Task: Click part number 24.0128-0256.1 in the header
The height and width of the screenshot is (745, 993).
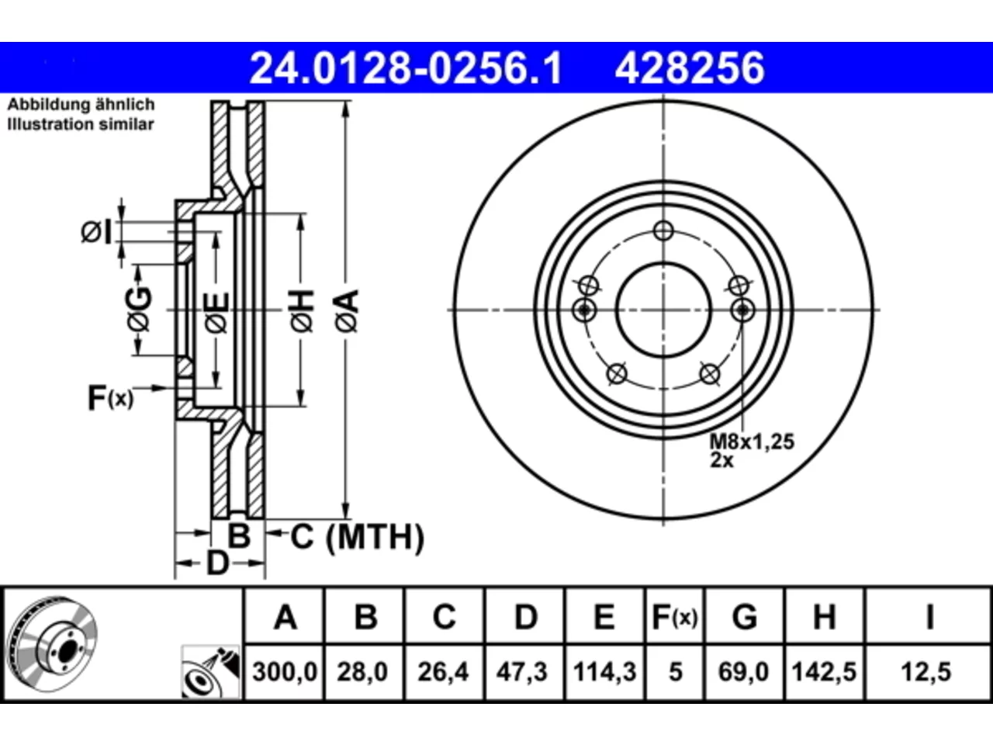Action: tap(406, 68)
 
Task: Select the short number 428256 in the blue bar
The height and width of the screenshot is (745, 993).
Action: tap(690, 68)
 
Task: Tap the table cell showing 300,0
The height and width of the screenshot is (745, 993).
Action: tap(285, 672)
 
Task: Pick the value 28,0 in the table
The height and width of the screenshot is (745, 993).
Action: tap(362, 672)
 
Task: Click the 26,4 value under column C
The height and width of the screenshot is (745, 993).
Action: tap(443, 672)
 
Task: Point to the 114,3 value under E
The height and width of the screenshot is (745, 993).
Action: tap(605, 672)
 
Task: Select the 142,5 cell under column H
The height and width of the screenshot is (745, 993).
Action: tap(824, 672)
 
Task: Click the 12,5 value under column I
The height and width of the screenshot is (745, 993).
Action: tap(926, 672)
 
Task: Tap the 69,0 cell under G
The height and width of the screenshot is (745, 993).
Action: tap(743, 672)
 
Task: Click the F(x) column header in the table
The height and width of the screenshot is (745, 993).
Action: tap(674, 617)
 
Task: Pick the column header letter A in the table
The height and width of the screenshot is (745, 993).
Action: tap(285, 617)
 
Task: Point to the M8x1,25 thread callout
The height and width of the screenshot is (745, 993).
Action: tap(752, 442)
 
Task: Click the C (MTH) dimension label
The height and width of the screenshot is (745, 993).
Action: tap(358, 537)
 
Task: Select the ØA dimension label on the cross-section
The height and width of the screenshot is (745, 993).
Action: tap(348, 312)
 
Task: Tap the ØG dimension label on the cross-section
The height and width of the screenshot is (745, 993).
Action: tap(140, 310)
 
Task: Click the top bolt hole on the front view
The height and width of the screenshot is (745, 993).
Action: tap(663, 230)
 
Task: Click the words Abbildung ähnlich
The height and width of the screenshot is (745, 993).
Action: tap(81, 105)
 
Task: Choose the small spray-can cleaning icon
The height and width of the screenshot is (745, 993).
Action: tap(210, 672)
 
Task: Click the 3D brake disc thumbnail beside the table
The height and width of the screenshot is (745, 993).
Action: tap(53, 645)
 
